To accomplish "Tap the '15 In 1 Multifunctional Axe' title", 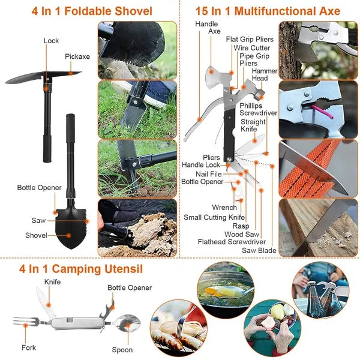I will [x=268, y=11].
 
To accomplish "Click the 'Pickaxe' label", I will [x=77, y=56].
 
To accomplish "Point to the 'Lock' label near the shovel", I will [x=51, y=41].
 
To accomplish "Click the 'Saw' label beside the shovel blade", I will [x=38, y=220].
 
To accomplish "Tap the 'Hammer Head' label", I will [x=264, y=74].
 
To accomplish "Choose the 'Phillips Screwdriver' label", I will [x=258, y=109].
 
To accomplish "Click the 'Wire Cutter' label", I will [x=251, y=47].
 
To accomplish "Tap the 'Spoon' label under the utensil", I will [x=122, y=350].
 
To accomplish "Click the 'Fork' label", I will [x=28, y=347].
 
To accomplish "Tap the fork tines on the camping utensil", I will [x=22, y=321].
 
